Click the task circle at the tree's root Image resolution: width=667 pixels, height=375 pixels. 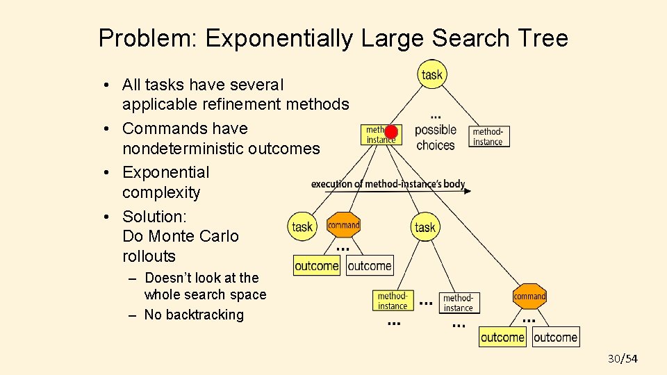(x=431, y=74)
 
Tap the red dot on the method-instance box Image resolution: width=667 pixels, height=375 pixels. (x=391, y=132)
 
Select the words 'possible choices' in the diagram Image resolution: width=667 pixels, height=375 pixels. (x=436, y=137)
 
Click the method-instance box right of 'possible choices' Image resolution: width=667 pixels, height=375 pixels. (x=488, y=136)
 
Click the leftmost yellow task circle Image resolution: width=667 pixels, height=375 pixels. (x=302, y=226)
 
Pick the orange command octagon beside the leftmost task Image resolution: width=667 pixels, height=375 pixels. (x=343, y=225)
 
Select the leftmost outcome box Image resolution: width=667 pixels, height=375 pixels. (x=317, y=266)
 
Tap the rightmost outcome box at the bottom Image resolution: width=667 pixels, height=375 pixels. (x=555, y=337)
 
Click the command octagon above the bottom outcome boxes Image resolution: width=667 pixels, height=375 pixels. (x=529, y=297)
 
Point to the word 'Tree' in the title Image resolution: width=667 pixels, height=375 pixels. (x=542, y=38)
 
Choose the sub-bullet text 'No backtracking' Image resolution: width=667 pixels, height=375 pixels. (x=194, y=315)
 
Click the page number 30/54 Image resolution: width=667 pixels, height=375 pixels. (x=622, y=358)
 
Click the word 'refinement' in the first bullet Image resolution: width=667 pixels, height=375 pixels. (x=240, y=104)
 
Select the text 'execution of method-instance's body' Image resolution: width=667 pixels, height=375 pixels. (x=388, y=184)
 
